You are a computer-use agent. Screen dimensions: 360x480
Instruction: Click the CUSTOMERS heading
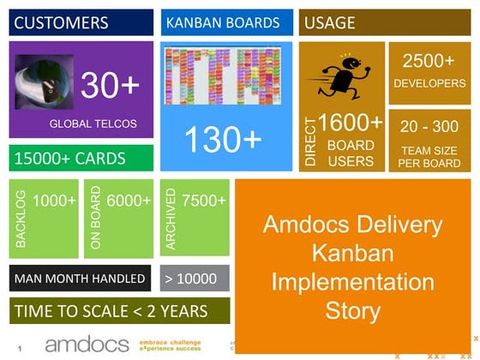[x=62, y=23]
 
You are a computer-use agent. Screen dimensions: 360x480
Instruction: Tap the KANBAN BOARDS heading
[x=223, y=23]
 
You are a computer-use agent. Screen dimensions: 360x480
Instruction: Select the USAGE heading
[x=330, y=23]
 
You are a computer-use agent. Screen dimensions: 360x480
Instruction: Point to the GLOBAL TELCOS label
[x=93, y=124]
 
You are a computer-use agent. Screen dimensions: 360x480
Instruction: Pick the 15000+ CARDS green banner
[x=70, y=159]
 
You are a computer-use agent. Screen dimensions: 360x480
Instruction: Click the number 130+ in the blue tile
[x=223, y=139]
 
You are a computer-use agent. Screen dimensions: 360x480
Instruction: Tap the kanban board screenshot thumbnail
[x=224, y=76]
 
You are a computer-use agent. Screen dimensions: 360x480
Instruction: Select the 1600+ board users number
[x=351, y=123]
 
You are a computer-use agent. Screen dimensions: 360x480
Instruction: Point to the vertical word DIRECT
[x=310, y=141]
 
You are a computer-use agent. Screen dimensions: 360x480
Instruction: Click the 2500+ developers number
[x=429, y=62]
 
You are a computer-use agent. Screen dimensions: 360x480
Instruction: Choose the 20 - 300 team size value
[x=429, y=126]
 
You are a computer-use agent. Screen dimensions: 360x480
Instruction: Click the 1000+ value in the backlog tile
[x=55, y=201]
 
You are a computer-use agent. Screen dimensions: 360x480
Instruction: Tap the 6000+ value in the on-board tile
[x=129, y=201]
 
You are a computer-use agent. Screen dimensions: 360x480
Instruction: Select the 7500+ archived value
[x=204, y=201]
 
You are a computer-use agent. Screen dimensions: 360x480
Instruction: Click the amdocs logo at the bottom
[x=86, y=345]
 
